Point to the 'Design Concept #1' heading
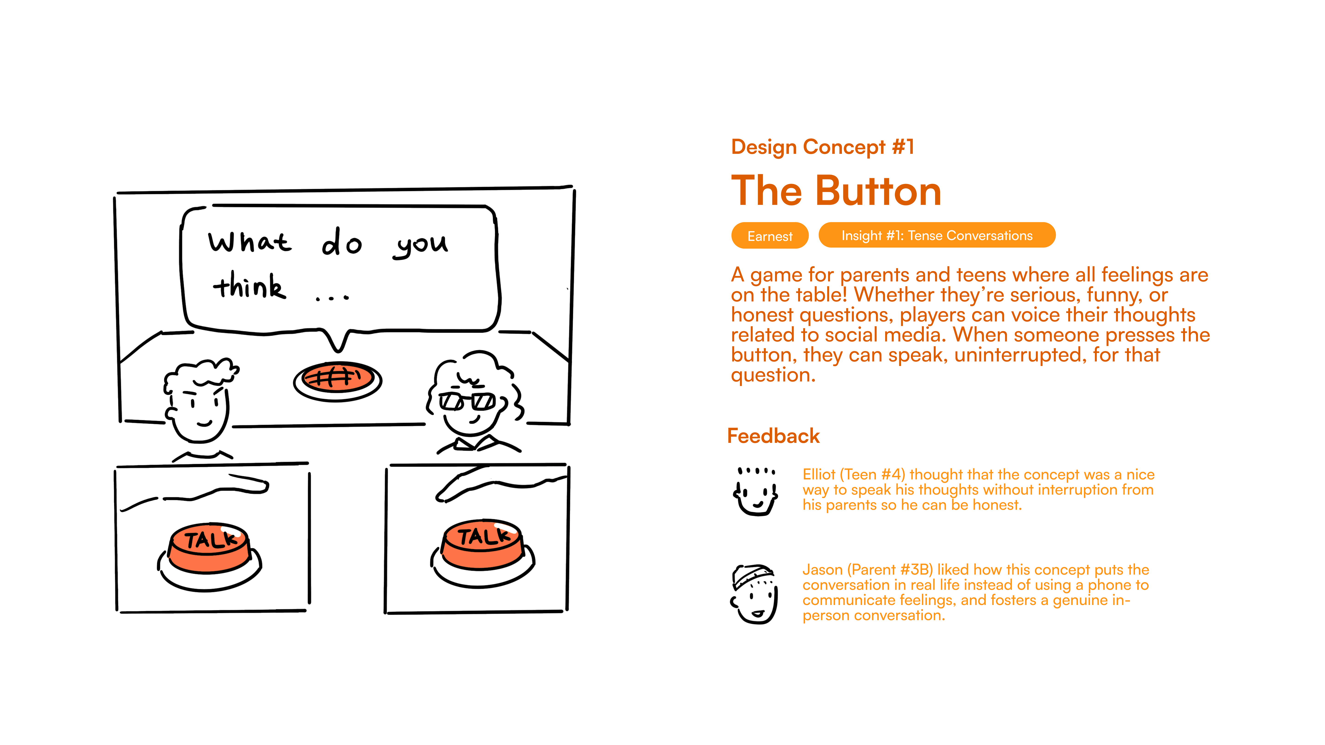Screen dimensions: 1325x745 click(822, 147)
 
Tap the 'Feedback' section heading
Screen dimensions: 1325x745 click(773, 436)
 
